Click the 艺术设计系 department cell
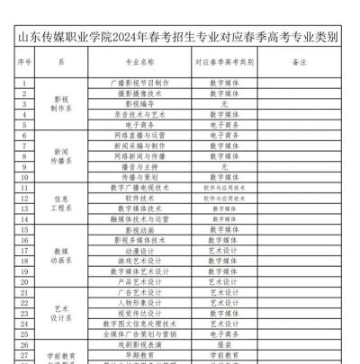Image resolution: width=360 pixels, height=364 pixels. pos(61,311)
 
